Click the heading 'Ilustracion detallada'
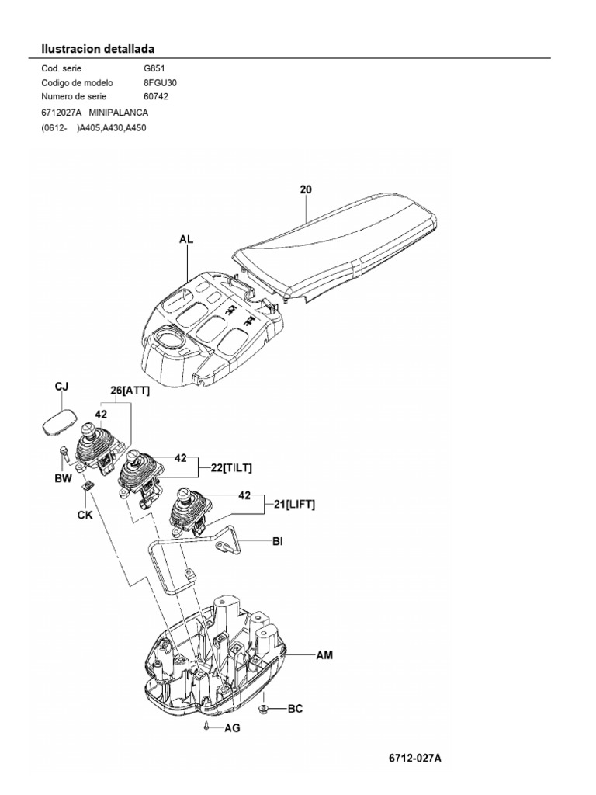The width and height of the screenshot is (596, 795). (x=99, y=49)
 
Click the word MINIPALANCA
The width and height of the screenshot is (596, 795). (x=119, y=113)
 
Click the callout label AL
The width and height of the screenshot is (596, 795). (x=186, y=241)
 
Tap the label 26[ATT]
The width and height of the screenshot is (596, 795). (x=130, y=391)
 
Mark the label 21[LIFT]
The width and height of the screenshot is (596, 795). (x=289, y=505)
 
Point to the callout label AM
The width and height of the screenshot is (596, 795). (x=324, y=655)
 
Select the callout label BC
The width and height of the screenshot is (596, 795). (x=296, y=709)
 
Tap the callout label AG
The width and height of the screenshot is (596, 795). (x=233, y=728)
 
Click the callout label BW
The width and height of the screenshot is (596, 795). (x=62, y=479)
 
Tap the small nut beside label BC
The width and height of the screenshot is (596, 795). (x=265, y=709)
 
